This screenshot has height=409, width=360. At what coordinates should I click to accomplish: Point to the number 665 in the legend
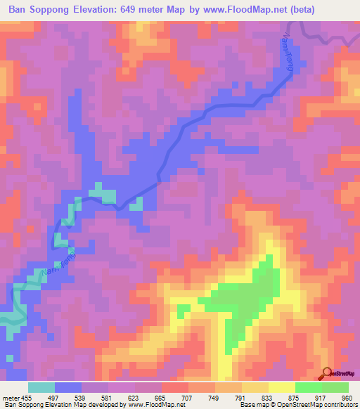click(161, 398)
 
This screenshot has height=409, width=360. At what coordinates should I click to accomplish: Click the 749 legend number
click(214, 398)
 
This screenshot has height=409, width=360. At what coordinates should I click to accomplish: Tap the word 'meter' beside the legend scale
click(8, 398)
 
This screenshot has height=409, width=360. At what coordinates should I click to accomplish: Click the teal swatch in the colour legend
click(41, 387)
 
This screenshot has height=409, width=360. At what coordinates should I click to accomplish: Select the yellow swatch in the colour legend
click(281, 387)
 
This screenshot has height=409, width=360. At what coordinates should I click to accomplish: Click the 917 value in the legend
click(321, 398)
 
